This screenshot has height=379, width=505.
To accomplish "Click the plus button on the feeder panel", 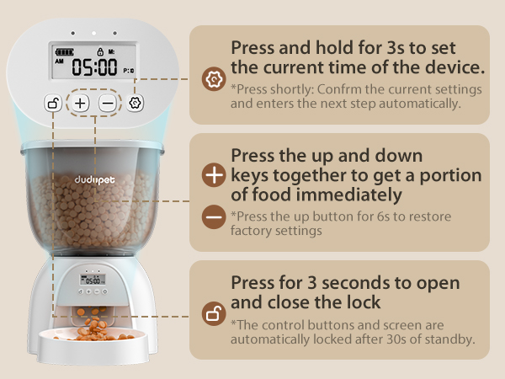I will tap(80, 104).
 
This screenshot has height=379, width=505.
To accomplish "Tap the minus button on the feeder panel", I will tap(108, 104).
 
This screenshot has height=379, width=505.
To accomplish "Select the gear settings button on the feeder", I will tap(136, 103).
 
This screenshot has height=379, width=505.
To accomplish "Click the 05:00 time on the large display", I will tap(93, 67).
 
